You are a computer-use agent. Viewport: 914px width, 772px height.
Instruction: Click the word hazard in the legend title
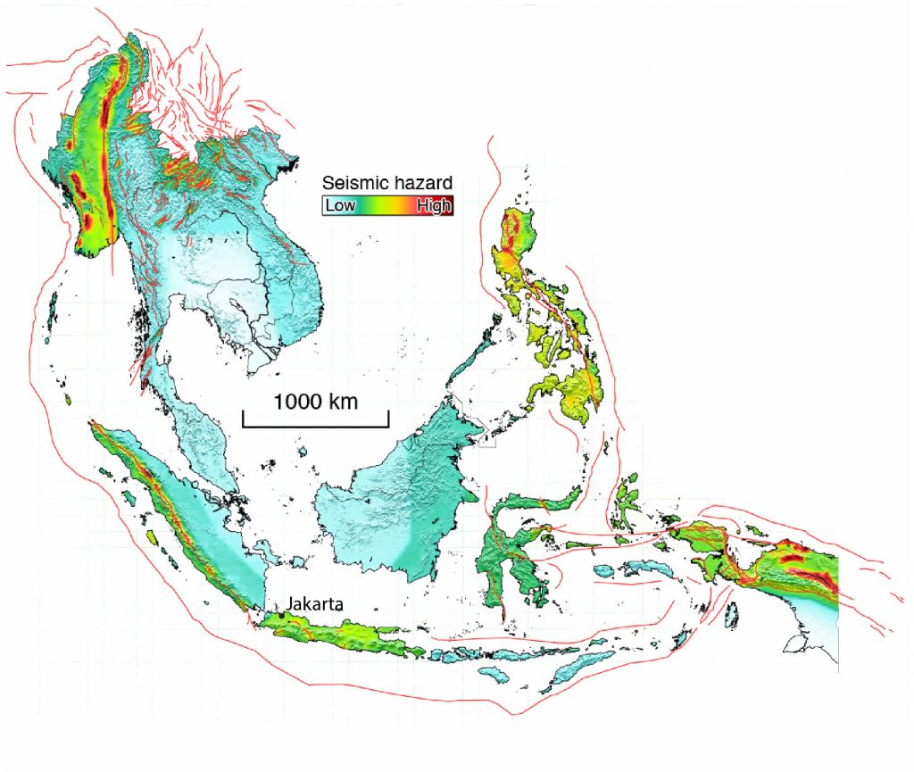[x=420, y=183]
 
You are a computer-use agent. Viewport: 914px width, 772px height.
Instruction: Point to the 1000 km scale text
[x=315, y=402]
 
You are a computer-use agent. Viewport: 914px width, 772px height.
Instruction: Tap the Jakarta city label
[x=313, y=604]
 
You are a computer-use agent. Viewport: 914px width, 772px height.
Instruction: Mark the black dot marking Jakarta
[x=284, y=616]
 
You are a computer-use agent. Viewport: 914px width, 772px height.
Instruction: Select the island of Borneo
[x=402, y=500]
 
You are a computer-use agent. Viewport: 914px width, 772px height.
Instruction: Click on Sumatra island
[x=179, y=518]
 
